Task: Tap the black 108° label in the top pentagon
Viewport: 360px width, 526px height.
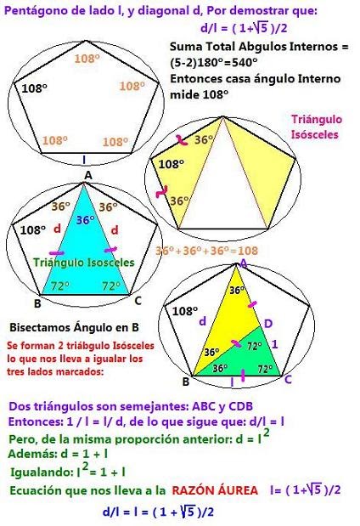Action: [x=34, y=88]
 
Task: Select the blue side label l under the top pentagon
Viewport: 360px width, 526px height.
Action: [x=84, y=160]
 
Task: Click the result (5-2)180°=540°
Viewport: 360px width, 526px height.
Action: [x=213, y=62]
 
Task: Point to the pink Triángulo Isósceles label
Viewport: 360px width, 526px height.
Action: [x=317, y=127]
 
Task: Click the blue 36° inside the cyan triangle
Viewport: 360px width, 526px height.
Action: [x=85, y=220]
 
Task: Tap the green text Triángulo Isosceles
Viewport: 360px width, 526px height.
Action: [x=84, y=263]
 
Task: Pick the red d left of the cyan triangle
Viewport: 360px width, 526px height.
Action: [x=58, y=229]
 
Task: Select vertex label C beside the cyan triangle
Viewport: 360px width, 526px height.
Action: [x=138, y=301]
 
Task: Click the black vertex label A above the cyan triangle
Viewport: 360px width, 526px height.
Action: [x=87, y=175]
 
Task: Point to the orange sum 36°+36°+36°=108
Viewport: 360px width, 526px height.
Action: [x=207, y=251]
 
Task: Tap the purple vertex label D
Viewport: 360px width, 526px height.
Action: [x=268, y=324]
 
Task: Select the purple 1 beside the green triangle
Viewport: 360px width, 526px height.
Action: [x=274, y=344]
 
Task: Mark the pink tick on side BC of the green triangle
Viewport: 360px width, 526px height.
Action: [x=243, y=376]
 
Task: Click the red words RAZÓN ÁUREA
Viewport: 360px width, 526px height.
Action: [x=215, y=490]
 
